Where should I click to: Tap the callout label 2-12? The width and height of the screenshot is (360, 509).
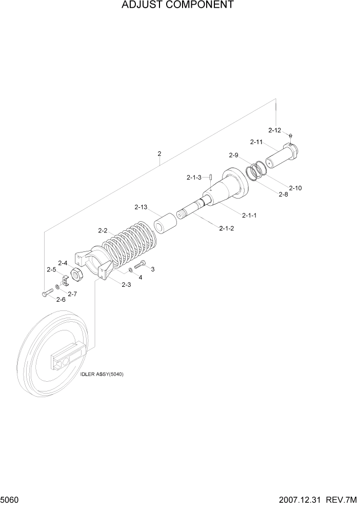click(275, 130)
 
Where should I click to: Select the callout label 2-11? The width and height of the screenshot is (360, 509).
click(256, 142)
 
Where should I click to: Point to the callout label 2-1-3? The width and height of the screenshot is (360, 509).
click(194, 178)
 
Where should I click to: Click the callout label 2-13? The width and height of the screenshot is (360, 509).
click(141, 207)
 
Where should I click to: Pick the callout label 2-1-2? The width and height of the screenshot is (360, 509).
click(226, 228)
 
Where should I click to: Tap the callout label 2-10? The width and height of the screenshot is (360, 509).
click(295, 188)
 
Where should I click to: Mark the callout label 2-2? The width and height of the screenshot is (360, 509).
click(102, 230)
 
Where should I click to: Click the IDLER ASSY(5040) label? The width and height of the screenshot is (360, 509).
click(102, 374)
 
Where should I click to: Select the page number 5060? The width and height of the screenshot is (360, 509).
click(10, 500)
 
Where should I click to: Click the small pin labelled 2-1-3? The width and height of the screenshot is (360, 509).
click(211, 178)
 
